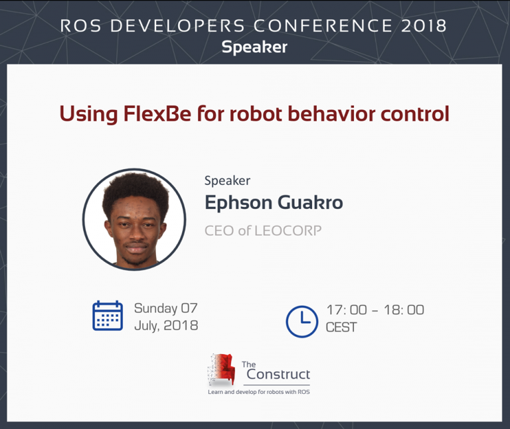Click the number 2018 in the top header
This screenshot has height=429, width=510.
coord(424,26)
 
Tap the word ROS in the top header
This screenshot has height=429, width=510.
coord(80,26)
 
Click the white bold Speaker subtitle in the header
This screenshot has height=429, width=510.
coord(254,47)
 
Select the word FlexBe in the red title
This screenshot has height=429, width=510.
coord(157,113)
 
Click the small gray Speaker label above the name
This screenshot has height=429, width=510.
coord(227,180)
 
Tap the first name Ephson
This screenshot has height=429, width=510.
coord(238,203)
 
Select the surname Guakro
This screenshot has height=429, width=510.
coord(310,203)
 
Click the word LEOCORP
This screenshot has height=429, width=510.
coord(288,231)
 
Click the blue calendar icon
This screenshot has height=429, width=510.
coord(108,316)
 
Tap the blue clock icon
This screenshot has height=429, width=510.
coord(302,322)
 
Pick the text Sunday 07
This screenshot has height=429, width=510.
coord(166,308)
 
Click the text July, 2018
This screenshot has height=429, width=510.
coord(166,326)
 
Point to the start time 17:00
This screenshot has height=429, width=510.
coord(347,310)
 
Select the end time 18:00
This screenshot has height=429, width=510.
coord(404,310)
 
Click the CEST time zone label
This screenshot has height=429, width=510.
coord(341,327)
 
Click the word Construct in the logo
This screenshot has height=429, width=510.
coord(278,374)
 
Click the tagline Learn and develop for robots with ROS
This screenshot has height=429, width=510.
coord(259,392)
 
